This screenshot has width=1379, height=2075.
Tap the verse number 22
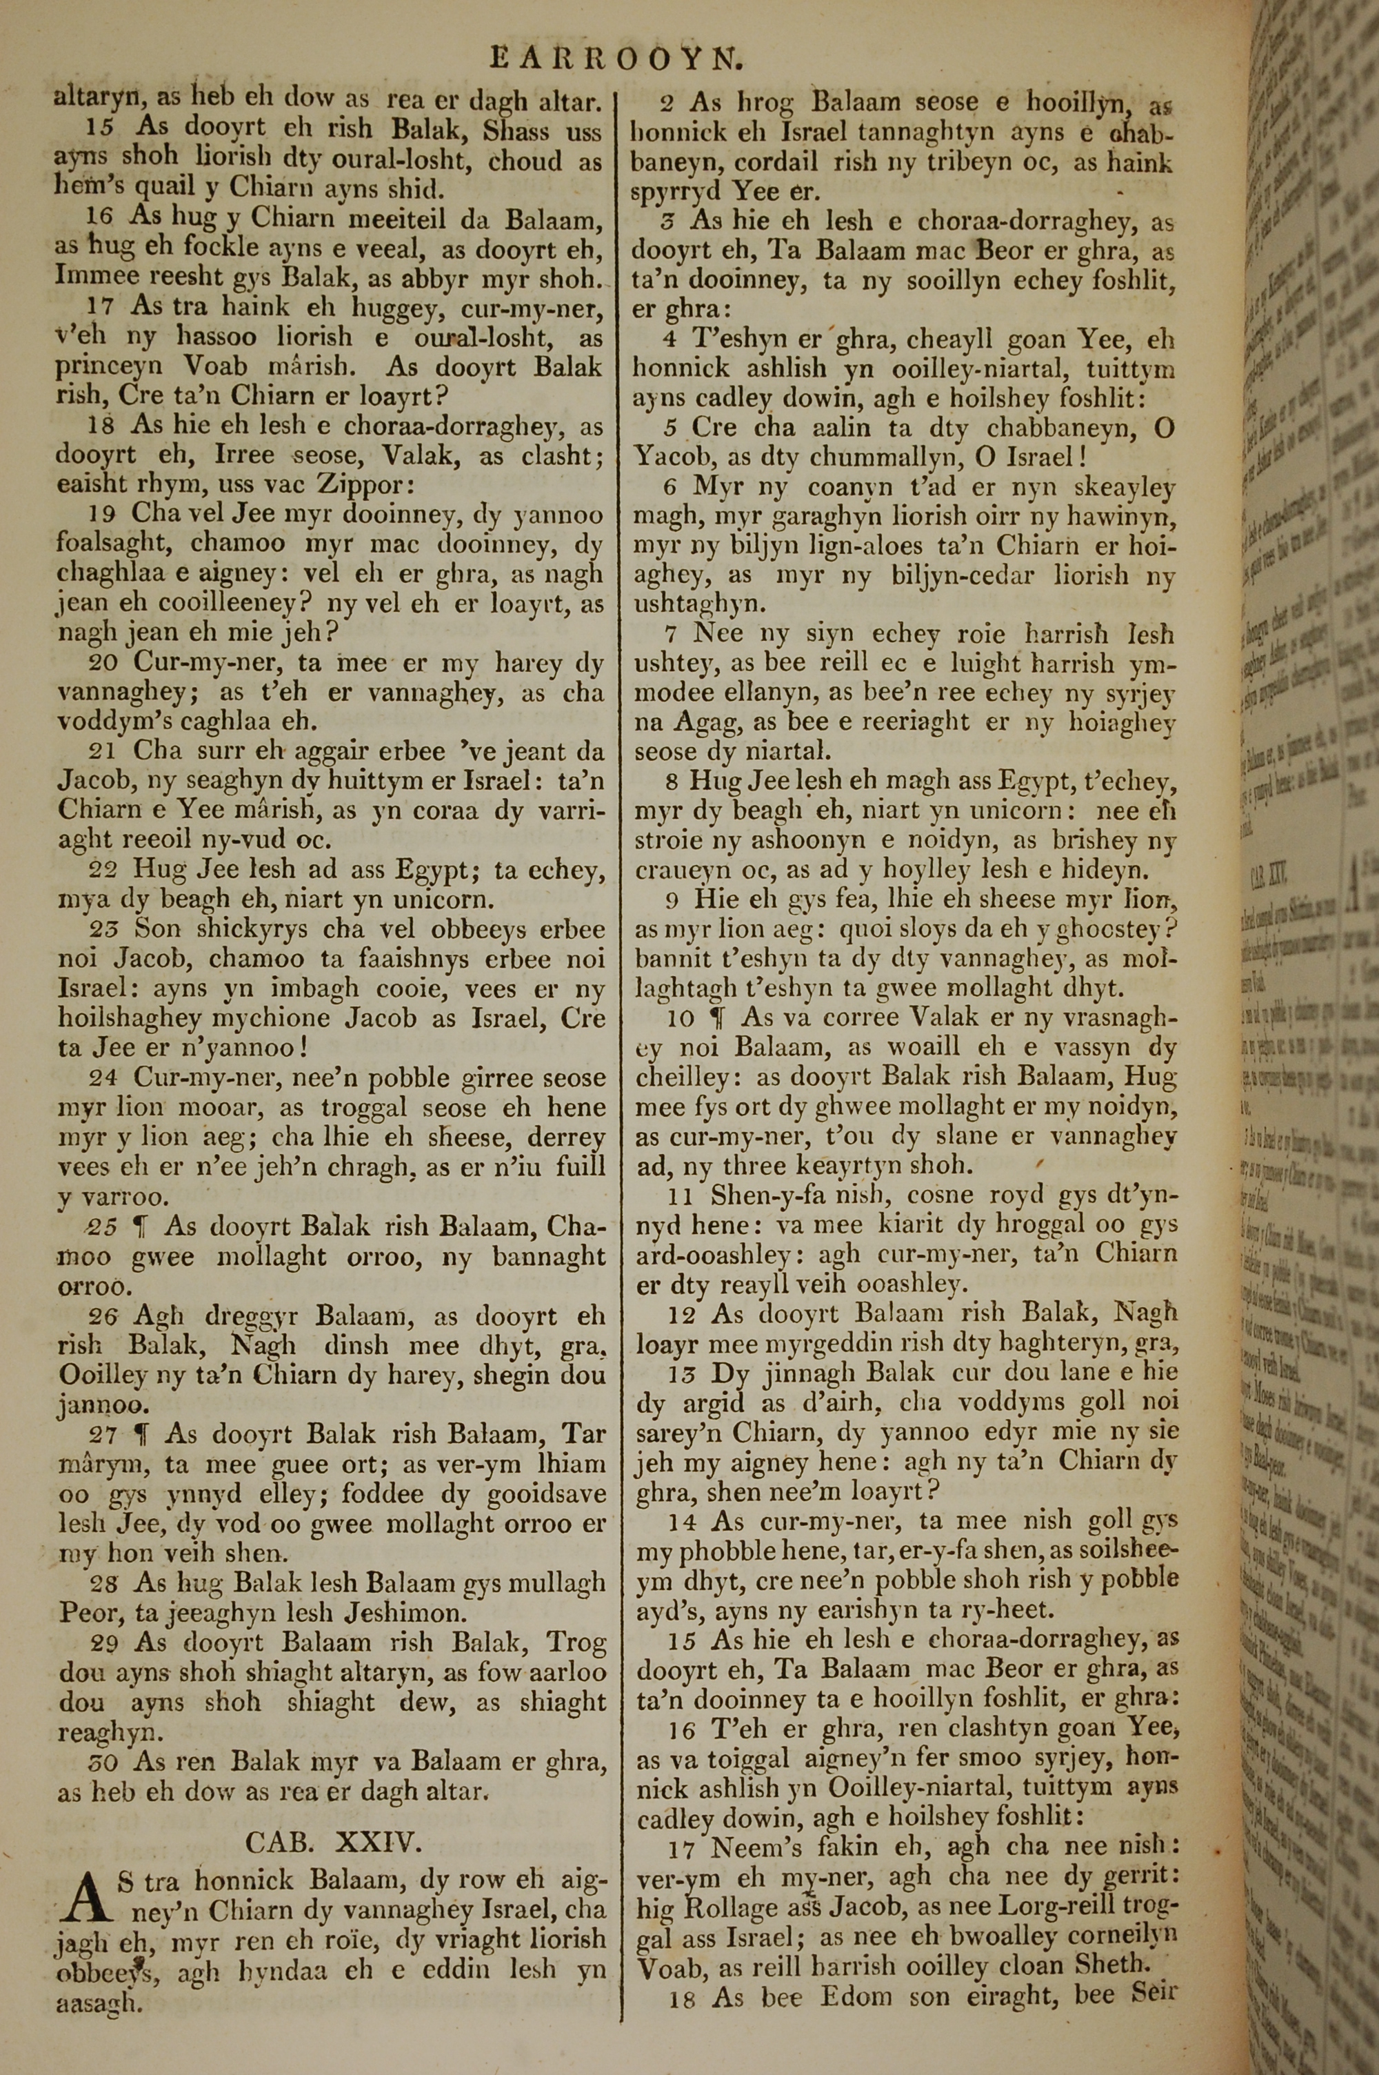pos(105,871)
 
